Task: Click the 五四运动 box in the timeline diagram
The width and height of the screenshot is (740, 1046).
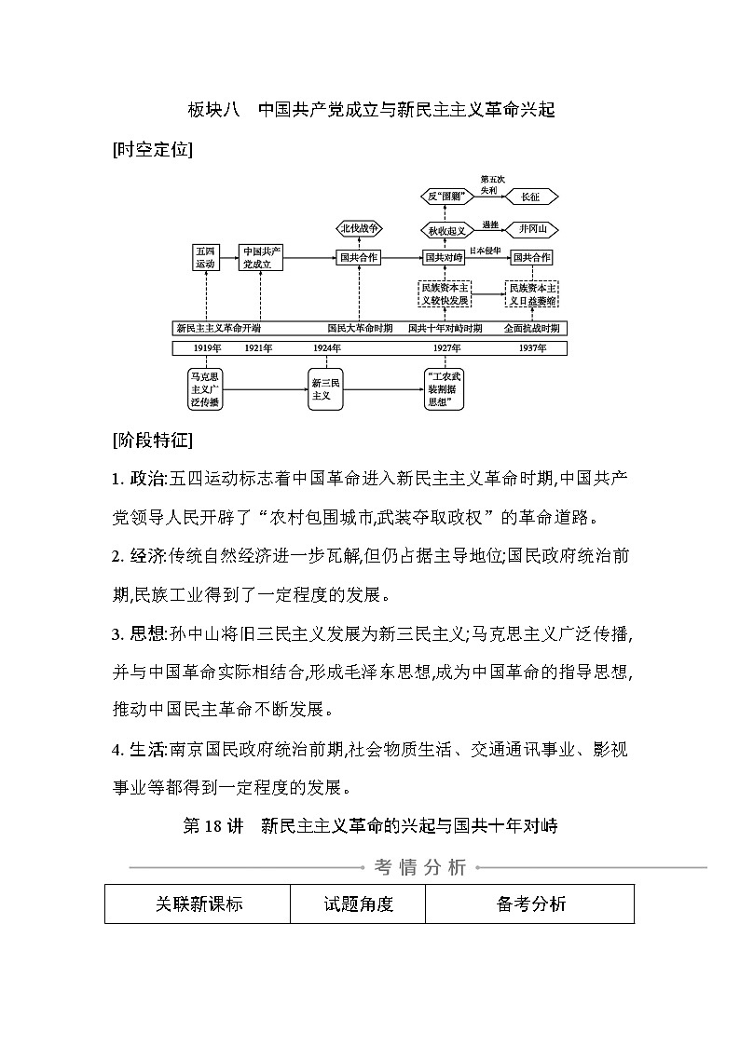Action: tap(206, 258)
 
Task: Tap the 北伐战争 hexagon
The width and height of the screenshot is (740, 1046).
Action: tap(359, 228)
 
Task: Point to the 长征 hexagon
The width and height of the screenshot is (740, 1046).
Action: tap(529, 197)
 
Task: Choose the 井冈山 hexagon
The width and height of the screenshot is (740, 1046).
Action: tap(533, 229)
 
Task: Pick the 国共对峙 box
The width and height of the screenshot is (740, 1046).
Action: tap(444, 258)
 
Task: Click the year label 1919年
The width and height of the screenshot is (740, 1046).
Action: tap(207, 347)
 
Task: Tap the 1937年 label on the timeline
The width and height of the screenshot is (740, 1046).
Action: tap(531, 347)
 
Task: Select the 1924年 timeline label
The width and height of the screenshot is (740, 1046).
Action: tap(327, 347)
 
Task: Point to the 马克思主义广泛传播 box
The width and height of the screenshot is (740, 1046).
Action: tap(205, 388)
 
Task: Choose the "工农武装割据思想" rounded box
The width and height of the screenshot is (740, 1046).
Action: tap(444, 388)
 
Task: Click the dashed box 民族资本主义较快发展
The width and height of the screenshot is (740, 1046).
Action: tap(444, 294)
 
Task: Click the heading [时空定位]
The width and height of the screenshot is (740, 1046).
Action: tap(152, 149)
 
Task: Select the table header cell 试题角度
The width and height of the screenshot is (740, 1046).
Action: tap(358, 903)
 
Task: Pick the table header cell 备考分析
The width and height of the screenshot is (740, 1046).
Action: tap(530, 903)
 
